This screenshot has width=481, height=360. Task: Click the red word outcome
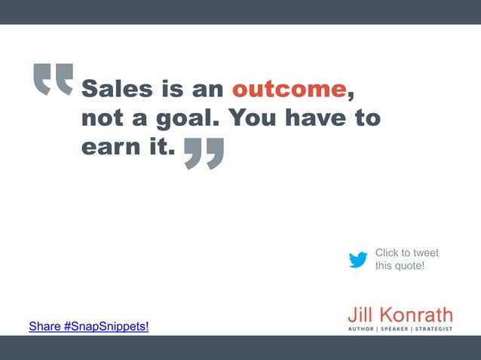point(288,90)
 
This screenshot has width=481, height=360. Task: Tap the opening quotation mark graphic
point(54,79)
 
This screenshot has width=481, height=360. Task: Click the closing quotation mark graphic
point(204,154)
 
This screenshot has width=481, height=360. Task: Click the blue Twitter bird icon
point(358,260)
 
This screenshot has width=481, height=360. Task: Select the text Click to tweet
point(406,253)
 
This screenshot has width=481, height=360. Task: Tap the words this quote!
point(400,266)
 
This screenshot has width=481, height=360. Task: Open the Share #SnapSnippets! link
point(89,326)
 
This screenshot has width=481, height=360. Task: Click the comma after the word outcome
point(350,96)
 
